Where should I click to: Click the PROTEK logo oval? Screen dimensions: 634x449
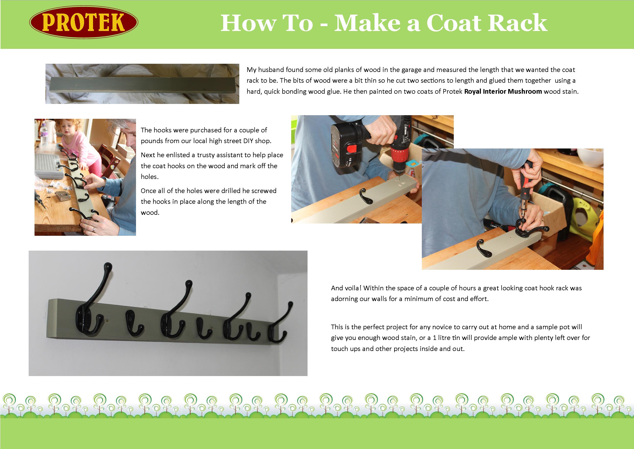[x=84, y=22]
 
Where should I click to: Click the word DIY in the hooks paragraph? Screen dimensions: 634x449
[x=249, y=141]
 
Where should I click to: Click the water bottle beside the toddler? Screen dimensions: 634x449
[x=44, y=136]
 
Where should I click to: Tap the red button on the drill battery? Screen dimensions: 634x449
[x=351, y=149]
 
